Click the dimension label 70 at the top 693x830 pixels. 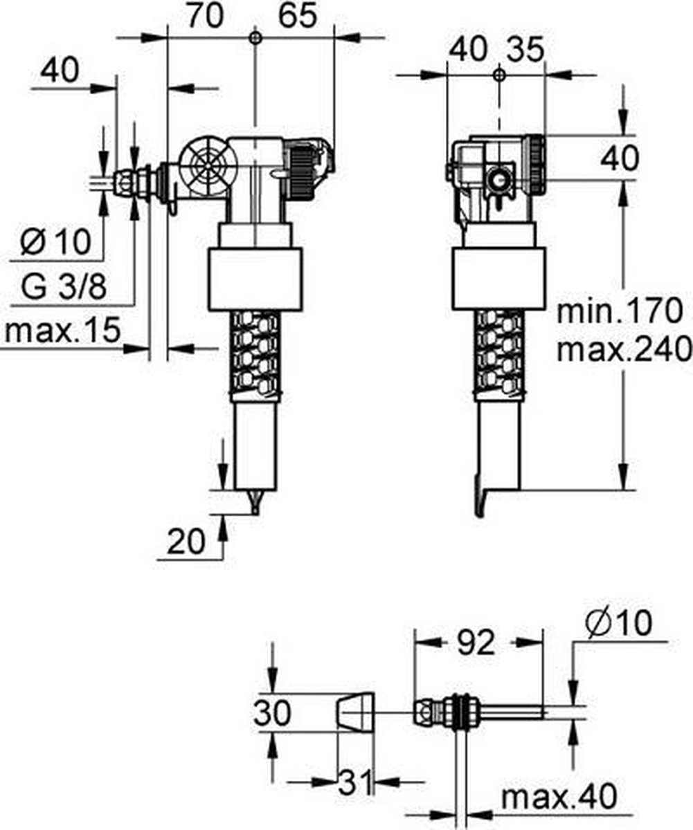205,15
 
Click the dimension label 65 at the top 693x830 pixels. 298,15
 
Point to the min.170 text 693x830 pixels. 620,311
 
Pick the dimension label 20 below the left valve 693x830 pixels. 186,542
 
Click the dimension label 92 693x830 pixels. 476,643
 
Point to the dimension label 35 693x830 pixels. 525,49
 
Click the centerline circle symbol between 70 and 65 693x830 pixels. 255,38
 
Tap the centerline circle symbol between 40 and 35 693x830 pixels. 499,75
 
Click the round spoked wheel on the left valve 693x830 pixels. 208,167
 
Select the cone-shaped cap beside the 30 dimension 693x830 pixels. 356,714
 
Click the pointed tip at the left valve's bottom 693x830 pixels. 255,514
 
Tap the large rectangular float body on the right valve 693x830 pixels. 498,279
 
